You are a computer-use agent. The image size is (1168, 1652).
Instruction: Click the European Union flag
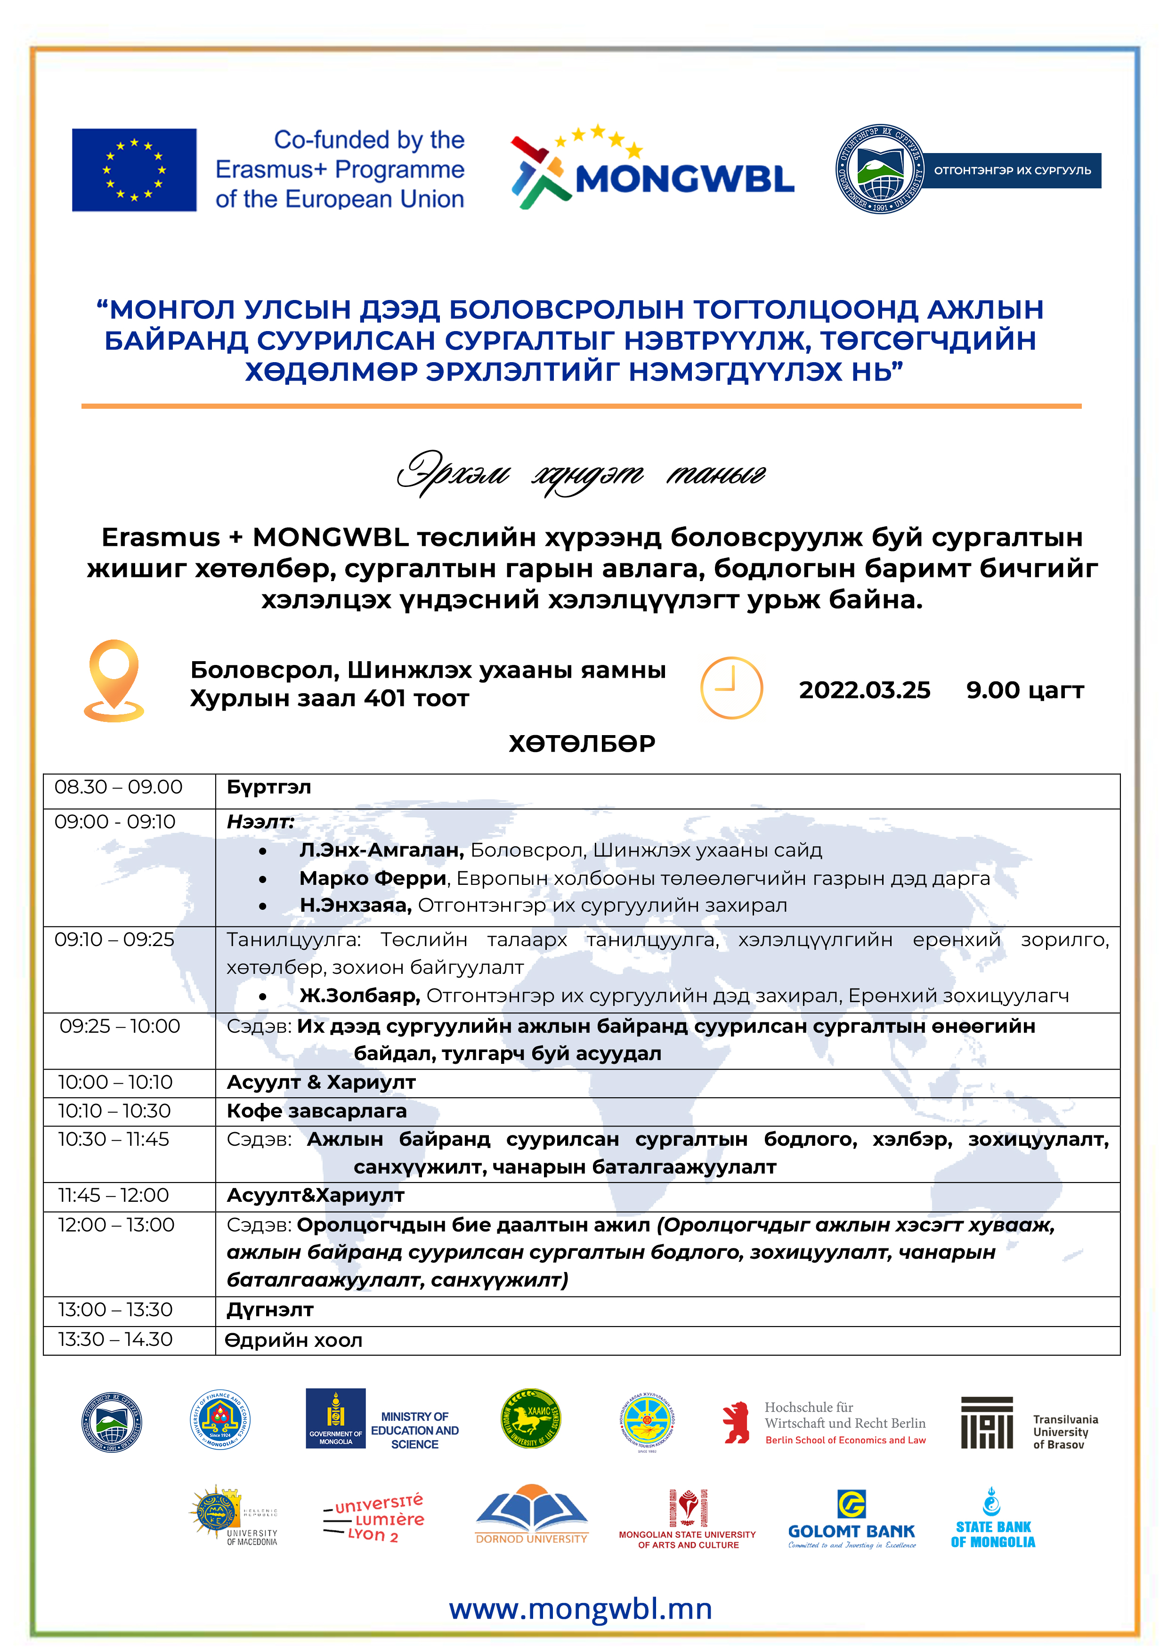tap(134, 170)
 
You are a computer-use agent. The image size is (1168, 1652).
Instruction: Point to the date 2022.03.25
tap(864, 690)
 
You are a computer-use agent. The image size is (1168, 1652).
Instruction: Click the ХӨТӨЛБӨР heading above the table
tap(582, 743)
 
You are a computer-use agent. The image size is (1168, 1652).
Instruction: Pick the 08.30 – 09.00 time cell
tap(119, 787)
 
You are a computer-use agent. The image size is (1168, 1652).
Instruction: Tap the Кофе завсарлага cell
tap(316, 1111)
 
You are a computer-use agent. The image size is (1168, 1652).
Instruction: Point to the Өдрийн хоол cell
tap(293, 1340)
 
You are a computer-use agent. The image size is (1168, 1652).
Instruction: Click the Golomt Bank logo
tap(852, 1518)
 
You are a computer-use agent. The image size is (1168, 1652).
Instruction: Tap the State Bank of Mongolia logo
tap(992, 1518)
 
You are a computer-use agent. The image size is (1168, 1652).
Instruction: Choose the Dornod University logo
tap(532, 1514)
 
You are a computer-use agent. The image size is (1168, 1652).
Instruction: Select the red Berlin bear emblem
tap(736, 1423)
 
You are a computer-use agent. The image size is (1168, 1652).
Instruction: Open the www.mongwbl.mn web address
tap(581, 1609)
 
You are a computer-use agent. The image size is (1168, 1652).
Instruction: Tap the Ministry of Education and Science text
tap(414, 1430)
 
